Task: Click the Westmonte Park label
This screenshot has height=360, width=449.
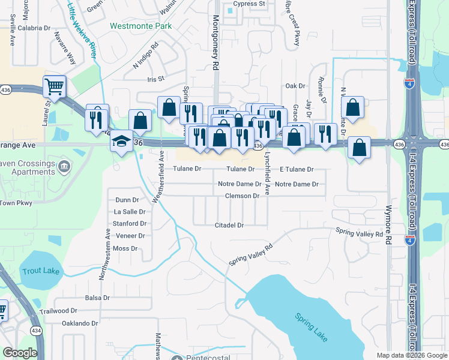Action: click(x=140, y=26)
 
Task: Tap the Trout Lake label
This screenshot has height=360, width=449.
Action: click(x=41, y=271)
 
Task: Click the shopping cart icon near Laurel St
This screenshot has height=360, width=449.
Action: click(x=54, y=87)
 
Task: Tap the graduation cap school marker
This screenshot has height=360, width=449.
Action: click(x=121, y=142)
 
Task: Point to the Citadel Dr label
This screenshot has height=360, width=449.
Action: click(x=229, y=226)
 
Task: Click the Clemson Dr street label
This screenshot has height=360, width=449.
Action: click(x=242, y=196)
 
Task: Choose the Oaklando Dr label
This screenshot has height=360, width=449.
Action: click(x=80, y=323)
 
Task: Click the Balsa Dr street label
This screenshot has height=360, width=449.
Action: click(x=97, y=298)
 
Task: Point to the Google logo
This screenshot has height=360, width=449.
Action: click(x=20, y=353)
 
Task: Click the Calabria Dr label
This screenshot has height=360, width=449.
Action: click(x=34, y=28)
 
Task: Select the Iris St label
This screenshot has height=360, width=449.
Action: click(x=155, y=79)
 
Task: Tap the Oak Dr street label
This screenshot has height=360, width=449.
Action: click(x=295, y=86)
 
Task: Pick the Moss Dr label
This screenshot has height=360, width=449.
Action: click(x=125, y=248)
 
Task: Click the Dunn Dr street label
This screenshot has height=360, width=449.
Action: click(x=127, y=200)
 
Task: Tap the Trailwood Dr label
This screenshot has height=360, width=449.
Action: click(x=58, y=311)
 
